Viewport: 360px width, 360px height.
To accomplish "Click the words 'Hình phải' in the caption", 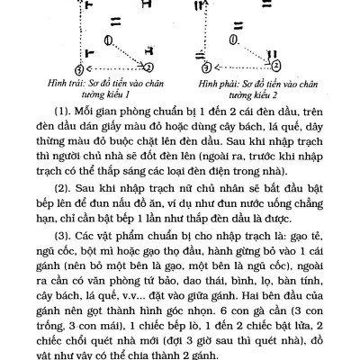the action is [x=219, y=82].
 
